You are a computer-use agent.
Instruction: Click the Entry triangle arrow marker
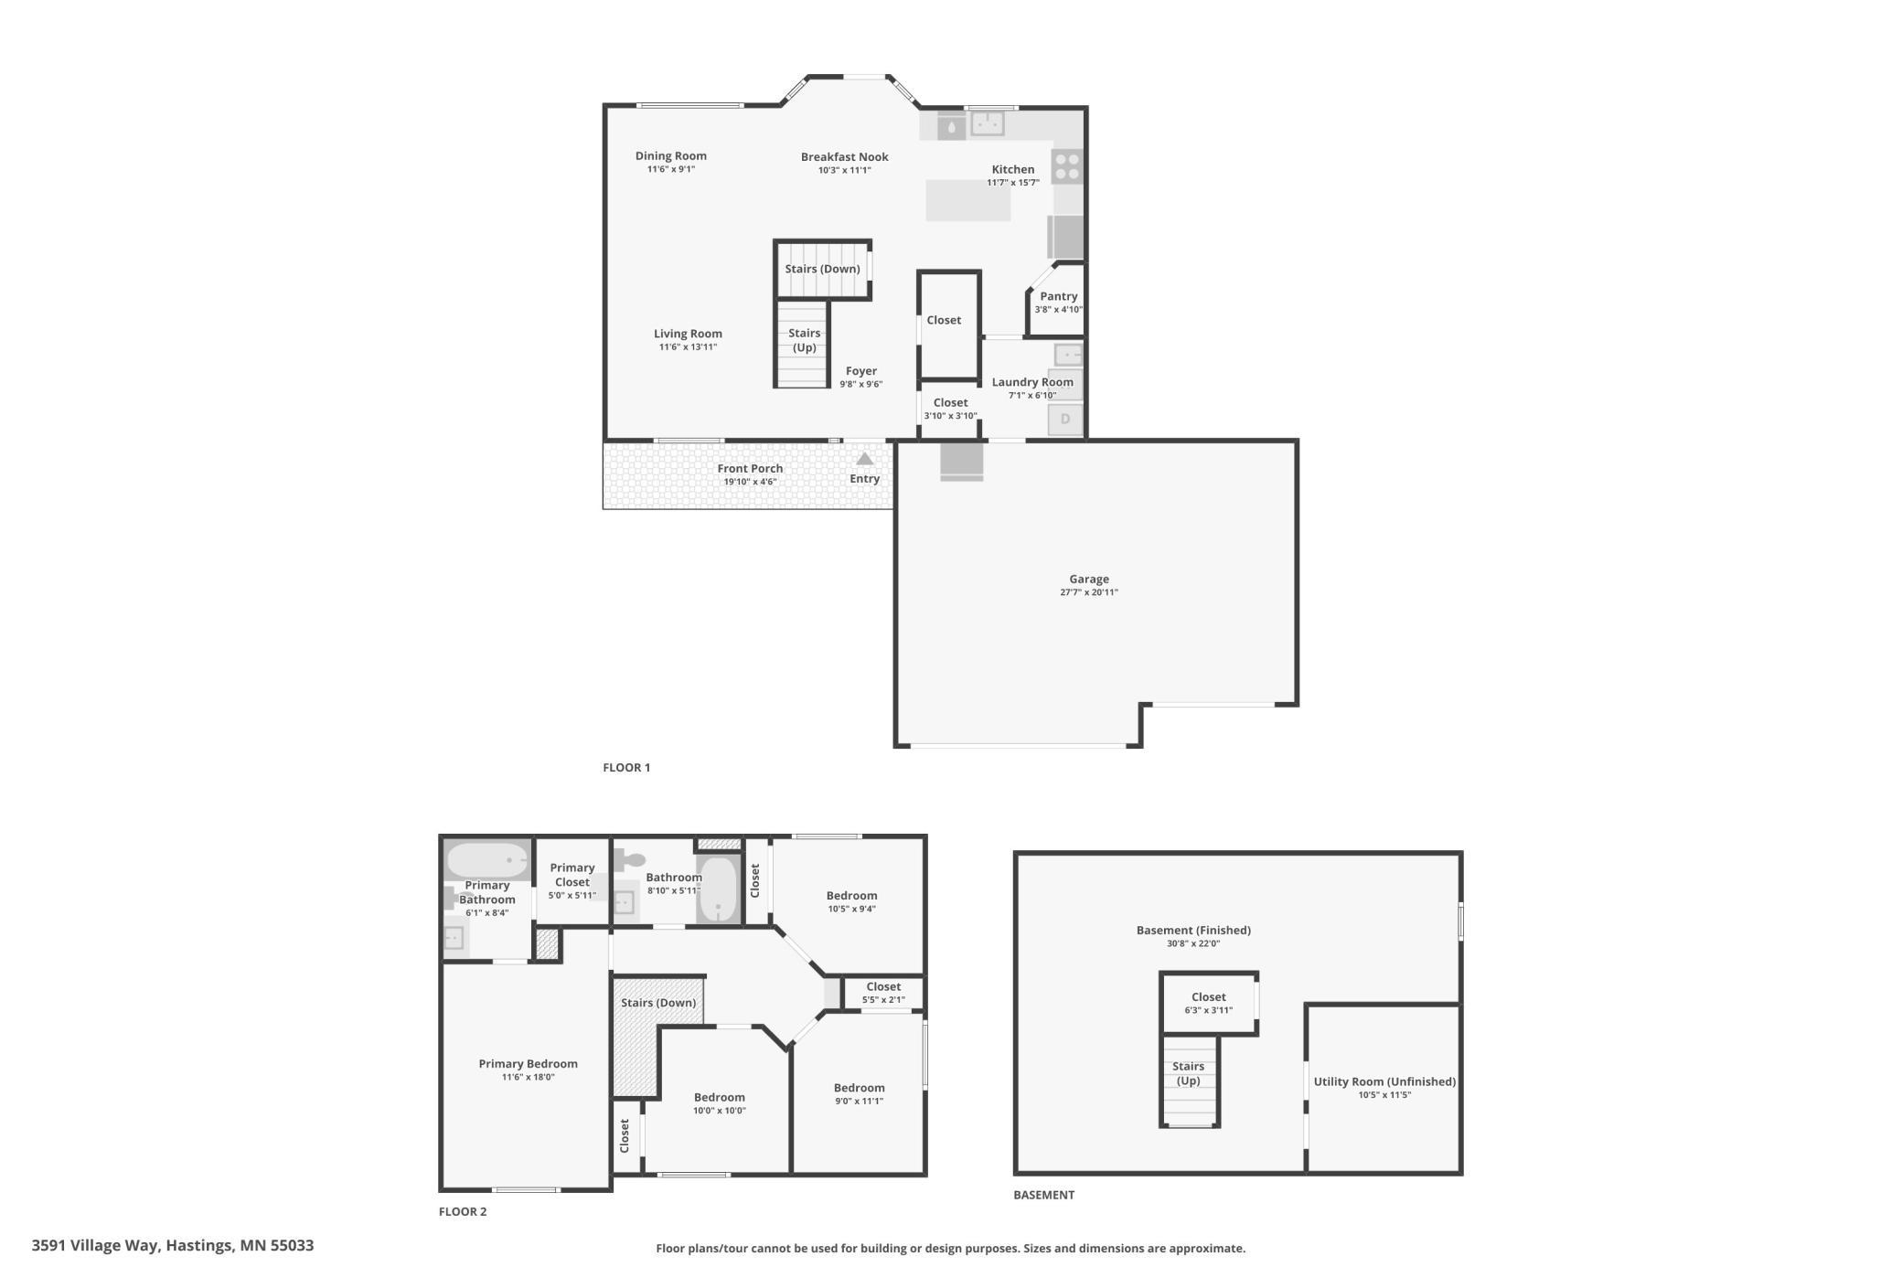point(864,459)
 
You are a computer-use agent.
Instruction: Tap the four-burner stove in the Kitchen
point(1067,166)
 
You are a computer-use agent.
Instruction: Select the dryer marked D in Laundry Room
point(1065,420)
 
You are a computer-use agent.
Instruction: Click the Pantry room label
point(1058,296)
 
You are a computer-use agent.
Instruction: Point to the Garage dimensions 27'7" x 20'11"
point(1089,592)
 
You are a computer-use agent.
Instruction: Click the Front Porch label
point(750,469)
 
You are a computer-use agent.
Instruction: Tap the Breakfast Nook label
point(844,157)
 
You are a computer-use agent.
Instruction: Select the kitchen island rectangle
point(967,200)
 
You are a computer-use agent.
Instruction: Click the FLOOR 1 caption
point(626,768)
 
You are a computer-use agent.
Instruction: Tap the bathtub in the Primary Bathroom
point(486,860)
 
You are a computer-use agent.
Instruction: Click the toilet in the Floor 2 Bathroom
point(630,859)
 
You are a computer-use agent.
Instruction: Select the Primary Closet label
point(572,875)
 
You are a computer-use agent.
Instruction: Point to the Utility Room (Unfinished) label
point(1384,1081)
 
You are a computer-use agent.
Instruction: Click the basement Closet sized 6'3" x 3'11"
point(1208,1003)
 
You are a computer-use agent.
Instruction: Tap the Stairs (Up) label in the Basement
point(1188,1073)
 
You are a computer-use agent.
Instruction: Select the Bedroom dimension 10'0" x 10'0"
point(719,1111)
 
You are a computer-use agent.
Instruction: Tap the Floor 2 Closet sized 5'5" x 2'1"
point(883,993)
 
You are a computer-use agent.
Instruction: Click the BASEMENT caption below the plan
point(1043,1195)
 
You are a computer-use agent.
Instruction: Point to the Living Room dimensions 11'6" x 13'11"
point(688,347)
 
